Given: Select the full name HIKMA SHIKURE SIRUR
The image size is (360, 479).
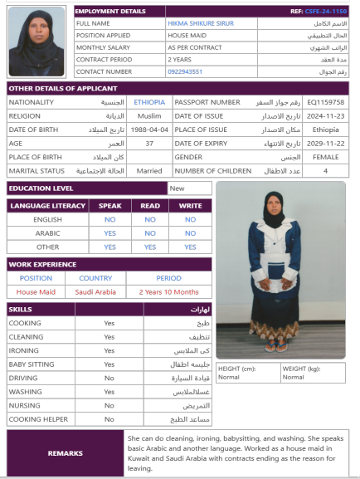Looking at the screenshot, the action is click(197, 23).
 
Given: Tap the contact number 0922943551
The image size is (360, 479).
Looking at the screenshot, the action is click(185, 71).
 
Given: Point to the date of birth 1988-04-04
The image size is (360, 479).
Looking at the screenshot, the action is click(149, 130).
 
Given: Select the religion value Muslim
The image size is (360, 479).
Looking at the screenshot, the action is click(149, 116).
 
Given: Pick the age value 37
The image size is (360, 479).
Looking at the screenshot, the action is click(149, 144).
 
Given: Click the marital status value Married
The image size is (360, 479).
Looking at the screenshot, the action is click(149, 171).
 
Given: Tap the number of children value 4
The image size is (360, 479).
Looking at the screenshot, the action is click(325, 171).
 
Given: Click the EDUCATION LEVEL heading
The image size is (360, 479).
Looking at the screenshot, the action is click(41, 188).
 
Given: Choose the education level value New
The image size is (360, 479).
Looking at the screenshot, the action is click(177, 188).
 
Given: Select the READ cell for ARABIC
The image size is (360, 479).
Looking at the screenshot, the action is click(150, 233).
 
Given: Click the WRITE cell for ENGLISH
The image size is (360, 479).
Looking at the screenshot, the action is click(190, 220).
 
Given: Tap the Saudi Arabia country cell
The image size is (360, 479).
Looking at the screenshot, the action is click(95, 291).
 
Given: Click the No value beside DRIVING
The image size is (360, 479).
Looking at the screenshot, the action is click(109, 378).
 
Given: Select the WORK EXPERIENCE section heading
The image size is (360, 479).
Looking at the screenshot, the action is click(43, 264).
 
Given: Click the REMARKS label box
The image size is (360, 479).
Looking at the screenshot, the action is click(65, 453).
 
